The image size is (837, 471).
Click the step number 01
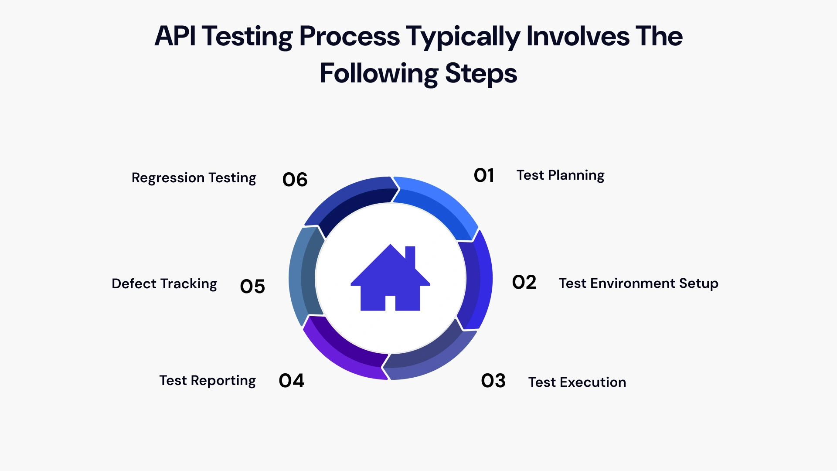point(484,175)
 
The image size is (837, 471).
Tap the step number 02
point(524,283)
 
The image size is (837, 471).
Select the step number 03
point(493,381)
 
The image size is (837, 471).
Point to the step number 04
point(291,381)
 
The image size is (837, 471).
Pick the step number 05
point(252,287)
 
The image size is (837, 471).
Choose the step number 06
point(295,180)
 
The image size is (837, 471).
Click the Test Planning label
point(560,175)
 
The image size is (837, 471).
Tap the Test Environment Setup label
point(638,283)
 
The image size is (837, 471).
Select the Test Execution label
point(577,382)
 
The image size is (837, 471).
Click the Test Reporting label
point(208,381)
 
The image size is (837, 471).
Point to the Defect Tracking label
point(164,284)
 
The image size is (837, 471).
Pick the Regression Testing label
point(194,178)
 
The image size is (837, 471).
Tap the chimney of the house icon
point(410,255)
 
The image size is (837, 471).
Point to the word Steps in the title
point(481,73)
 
